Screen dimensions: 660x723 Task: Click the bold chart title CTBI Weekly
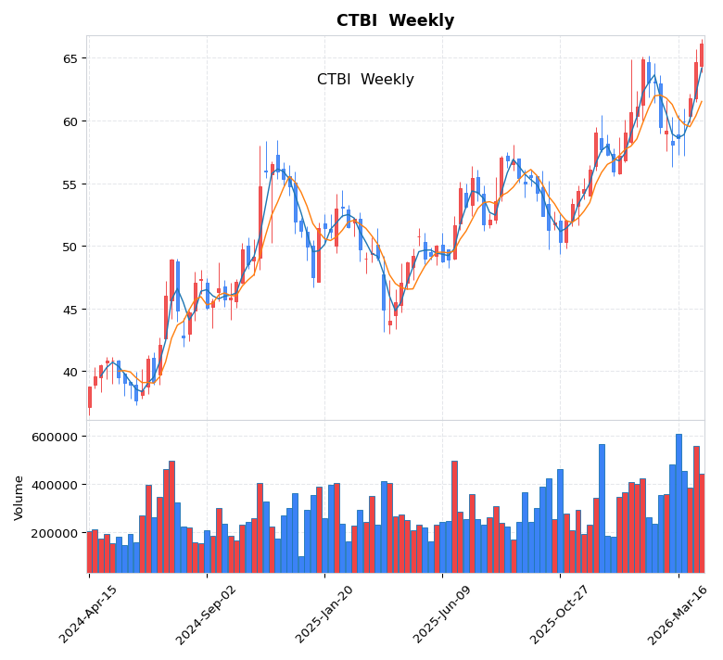(395, 21)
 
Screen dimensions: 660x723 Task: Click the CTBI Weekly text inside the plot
(365, 80)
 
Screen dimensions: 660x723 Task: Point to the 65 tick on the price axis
(70, 58)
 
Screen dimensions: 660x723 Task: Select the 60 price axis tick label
(70, 121)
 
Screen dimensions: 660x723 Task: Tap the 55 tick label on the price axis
(70, 184)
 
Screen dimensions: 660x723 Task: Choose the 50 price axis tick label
(70, 247)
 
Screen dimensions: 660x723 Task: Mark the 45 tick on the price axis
(70, 310)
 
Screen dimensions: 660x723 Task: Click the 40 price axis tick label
(70, 373)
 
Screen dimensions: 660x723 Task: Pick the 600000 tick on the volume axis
(55, 437)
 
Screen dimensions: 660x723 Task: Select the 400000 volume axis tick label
(55, 485)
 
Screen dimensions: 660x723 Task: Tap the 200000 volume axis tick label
(55, 533)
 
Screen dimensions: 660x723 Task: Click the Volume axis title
(19, 497)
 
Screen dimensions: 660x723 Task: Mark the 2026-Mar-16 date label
(679, 614)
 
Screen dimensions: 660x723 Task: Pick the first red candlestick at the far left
(90, 397)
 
